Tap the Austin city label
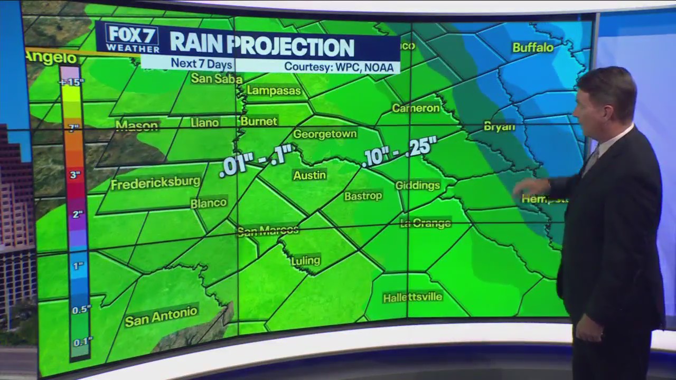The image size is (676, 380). coord(309,175)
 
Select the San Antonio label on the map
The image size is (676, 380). coord(161,316)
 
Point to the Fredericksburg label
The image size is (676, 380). coord(155,183)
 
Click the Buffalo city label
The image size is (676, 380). coord(532,47)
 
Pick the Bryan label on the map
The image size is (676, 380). coord(499,127)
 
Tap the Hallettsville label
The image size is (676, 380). coord(412,297)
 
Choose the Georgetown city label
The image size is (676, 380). coord(325,134)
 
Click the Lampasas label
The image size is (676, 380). coord(274,91)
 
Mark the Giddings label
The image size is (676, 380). coord(417,185)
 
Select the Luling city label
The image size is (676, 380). coord(306,260)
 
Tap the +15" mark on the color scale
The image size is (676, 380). coord(71,82)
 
